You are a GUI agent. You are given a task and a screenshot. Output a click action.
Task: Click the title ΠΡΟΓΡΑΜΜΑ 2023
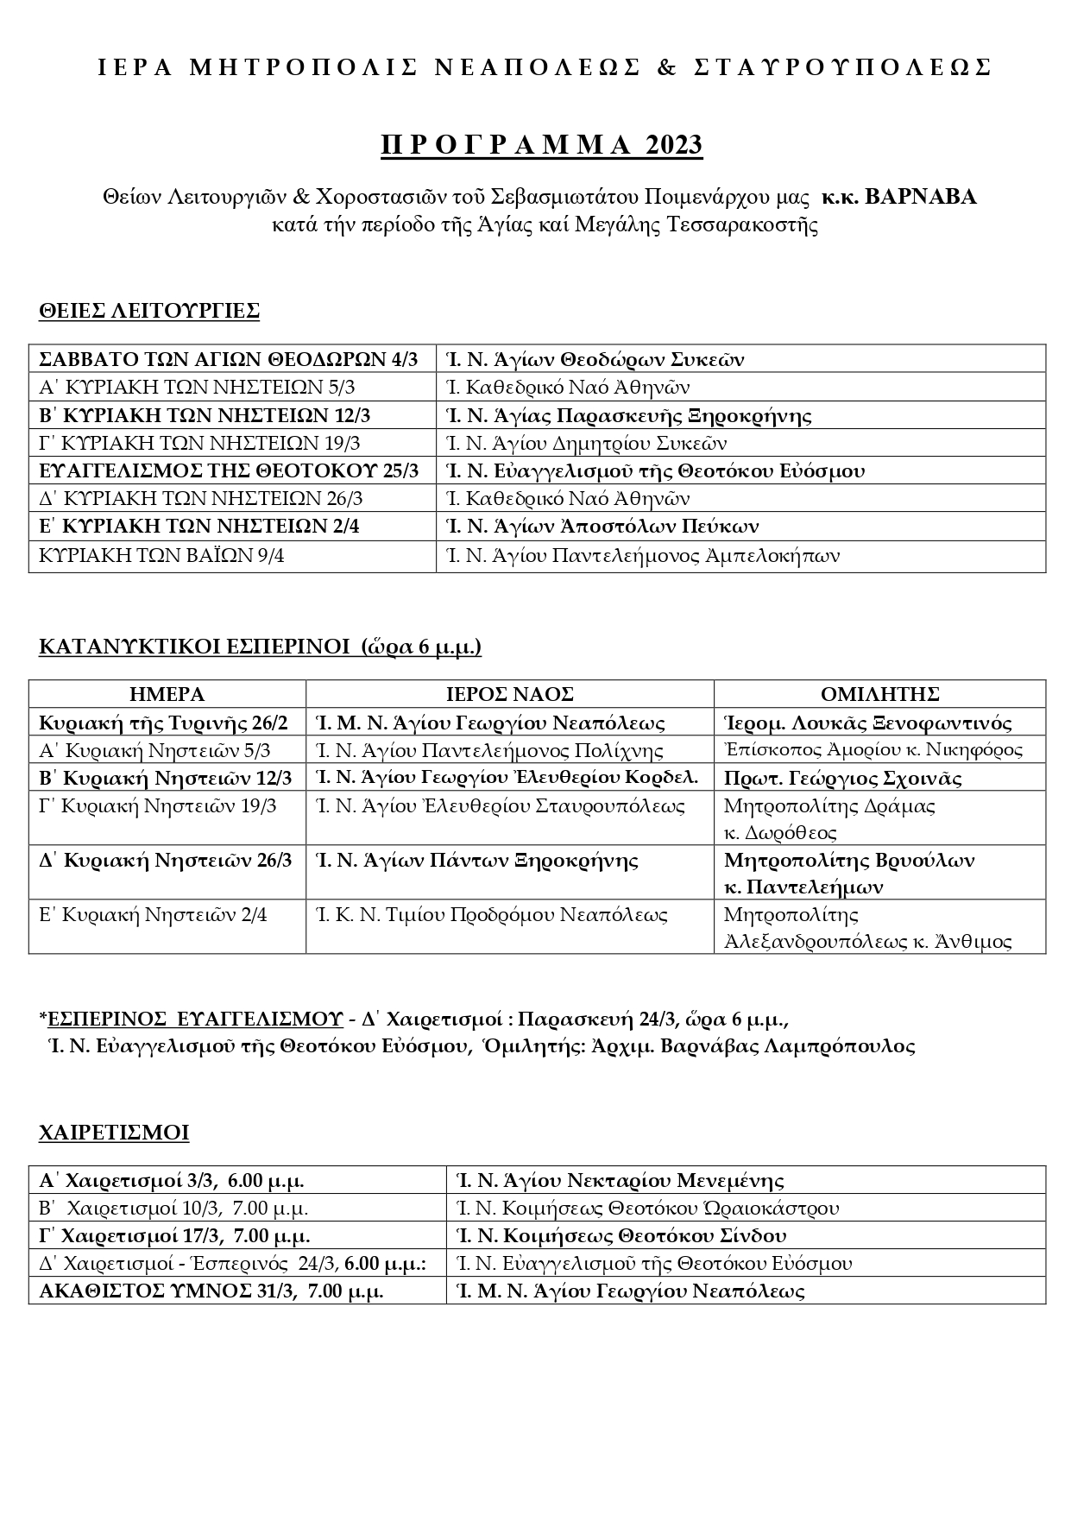coord(541,145)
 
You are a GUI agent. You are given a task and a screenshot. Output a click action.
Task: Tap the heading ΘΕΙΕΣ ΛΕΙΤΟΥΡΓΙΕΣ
coord(149,311)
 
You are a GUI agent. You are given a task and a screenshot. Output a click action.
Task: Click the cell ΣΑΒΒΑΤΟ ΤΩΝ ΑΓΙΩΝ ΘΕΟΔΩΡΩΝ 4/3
coord(229,359)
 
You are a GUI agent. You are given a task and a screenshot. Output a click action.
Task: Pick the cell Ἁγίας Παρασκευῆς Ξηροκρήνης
coord(628,415)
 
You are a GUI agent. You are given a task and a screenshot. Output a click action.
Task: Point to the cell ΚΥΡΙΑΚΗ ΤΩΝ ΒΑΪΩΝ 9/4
coord(162,555)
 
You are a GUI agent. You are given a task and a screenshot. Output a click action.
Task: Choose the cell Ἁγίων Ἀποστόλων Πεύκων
coord(602,526)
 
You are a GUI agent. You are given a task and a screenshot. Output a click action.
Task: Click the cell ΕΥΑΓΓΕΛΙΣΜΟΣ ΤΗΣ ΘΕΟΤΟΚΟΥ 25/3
coord(230,470)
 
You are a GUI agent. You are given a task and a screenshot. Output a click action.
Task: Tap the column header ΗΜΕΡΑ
coord(167,694)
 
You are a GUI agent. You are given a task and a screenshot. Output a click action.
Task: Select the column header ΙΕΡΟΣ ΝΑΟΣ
coord(509,694)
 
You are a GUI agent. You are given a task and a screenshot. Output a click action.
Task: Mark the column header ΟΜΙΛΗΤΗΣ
coord(879,694)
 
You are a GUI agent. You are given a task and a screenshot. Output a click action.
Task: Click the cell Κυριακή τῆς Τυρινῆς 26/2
coord(164,723)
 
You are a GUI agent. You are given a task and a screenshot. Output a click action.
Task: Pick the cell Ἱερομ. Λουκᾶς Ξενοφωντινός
coord(867,723)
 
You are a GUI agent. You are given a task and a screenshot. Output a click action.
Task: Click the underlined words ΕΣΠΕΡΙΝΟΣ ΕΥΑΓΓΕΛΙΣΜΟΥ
coord(195,1019)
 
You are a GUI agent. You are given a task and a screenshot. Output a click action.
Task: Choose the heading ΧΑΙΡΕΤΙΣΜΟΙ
coord(114,1133)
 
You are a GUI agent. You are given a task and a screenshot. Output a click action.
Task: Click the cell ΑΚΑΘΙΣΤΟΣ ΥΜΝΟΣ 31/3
coord(211,1291)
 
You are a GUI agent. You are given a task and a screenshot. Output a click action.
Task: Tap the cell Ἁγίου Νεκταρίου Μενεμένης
coord(620,1180)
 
